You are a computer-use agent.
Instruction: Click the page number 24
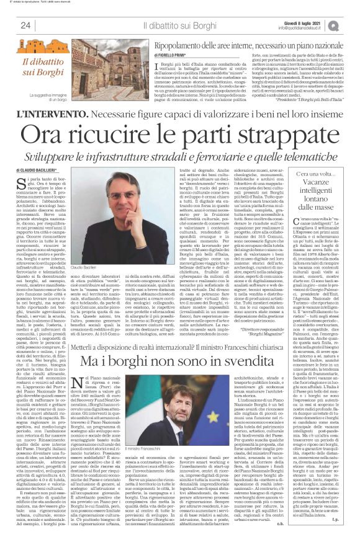click(26, 25)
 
